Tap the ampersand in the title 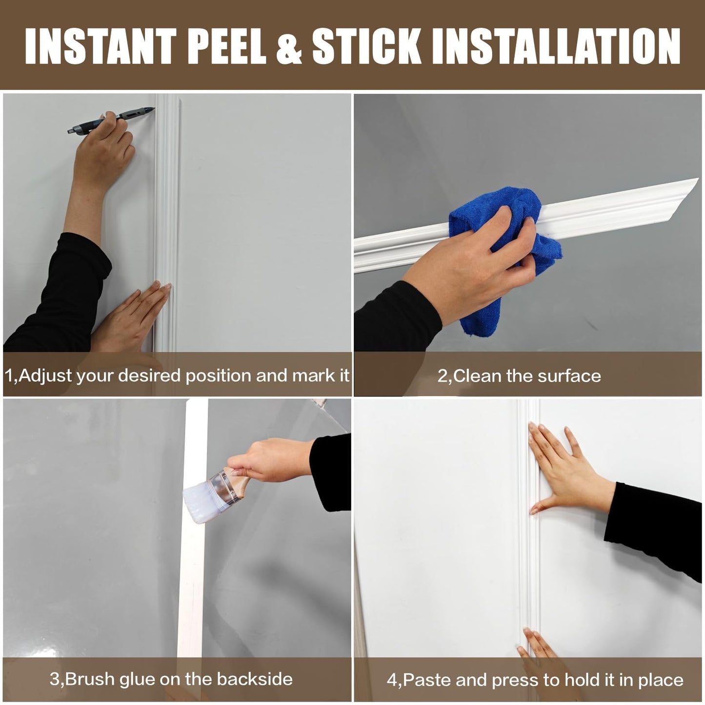289,46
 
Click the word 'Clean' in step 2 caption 477,376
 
